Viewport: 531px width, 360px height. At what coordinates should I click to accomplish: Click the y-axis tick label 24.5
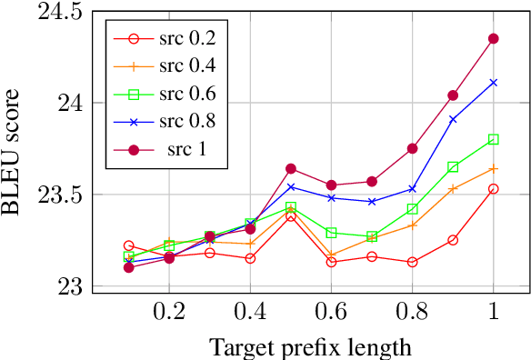pos(56,13)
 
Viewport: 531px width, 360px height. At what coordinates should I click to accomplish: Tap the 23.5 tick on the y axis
pos(56,195)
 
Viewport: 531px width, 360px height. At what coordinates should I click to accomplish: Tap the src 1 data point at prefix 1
pos(494,38)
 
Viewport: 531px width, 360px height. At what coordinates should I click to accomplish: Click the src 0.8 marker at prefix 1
pos(494,83)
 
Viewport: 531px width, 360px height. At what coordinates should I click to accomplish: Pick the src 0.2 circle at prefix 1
pos(494,189)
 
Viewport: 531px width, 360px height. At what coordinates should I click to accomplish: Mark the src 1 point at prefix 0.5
pos(291,168)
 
